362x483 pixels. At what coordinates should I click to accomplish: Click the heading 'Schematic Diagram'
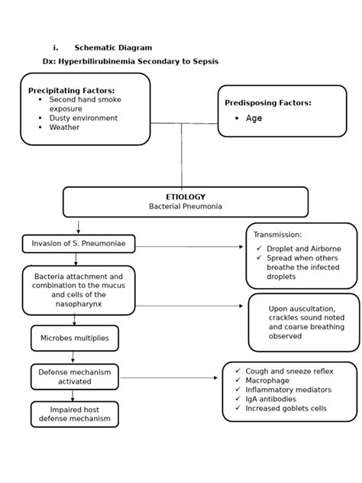click(113, 47)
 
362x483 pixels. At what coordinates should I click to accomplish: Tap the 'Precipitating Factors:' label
click(71, 90)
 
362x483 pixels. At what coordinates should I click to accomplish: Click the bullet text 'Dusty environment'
click(83, 118)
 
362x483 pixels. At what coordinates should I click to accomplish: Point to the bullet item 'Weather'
click(64, 128)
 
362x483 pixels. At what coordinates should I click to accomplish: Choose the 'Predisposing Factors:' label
click(267, 103)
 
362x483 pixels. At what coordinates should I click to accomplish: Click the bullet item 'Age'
click(254, 118)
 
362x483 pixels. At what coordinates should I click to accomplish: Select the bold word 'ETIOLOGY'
click(186, 197)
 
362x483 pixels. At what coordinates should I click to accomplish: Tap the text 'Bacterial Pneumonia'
click(186, 206)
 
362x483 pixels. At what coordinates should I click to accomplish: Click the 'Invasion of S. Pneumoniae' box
click(79, 244)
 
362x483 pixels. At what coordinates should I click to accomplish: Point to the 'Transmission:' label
click(277, 235)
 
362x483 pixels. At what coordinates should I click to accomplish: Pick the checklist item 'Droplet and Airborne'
click(303, 248)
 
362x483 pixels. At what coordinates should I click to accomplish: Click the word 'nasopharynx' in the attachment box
click(79, 303)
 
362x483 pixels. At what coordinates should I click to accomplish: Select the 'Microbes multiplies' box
click(75, 338)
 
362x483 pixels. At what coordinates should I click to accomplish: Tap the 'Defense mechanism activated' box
click(75, 377)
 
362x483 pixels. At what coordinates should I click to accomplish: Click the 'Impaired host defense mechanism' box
click(75, 414)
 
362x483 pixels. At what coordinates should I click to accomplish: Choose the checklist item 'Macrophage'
click(267, 381)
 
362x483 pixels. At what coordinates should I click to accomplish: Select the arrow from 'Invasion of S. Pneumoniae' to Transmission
click(189, 247)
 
